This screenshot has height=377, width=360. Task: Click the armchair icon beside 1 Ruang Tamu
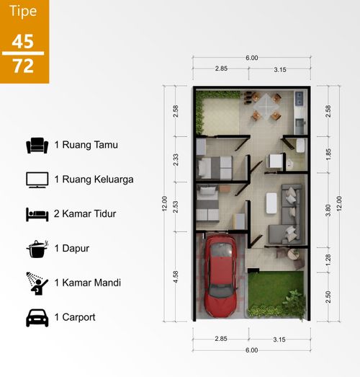point(37,146)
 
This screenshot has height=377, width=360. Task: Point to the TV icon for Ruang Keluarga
point(37,179)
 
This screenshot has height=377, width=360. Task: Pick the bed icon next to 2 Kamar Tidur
point(37,214)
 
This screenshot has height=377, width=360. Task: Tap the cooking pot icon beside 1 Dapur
point(37,249)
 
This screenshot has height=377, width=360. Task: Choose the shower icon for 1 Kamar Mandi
point(37,283)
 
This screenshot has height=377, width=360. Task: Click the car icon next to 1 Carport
point(37,316)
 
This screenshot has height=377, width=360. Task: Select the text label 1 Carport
point(76,316)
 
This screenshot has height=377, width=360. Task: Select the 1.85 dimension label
point(328,154)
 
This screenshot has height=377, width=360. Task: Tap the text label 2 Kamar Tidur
point(85,214)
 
